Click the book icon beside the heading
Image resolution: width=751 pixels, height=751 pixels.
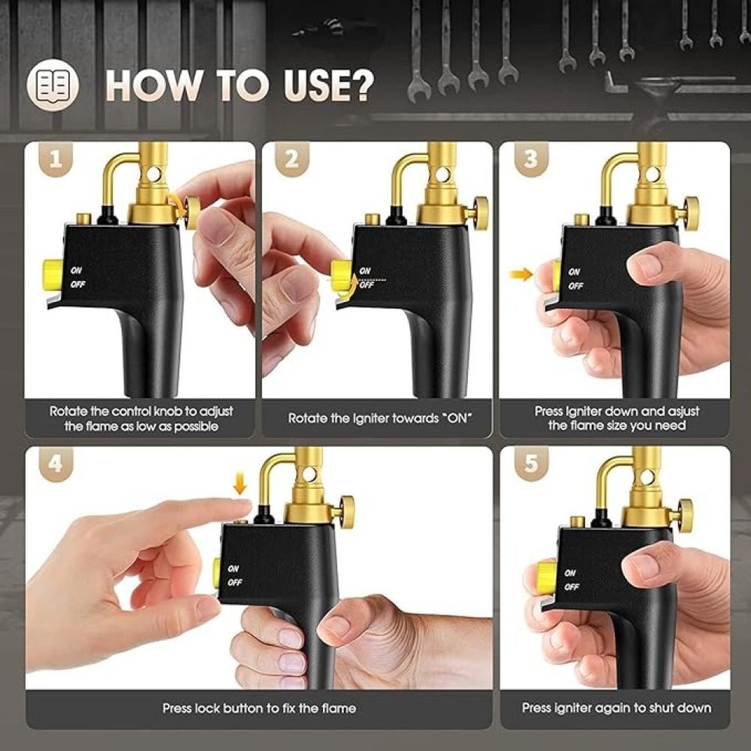[53, 84]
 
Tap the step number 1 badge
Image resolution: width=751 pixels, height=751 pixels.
[55, 160]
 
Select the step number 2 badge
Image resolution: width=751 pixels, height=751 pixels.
[291, 160]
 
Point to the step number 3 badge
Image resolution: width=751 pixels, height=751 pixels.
[530, 160]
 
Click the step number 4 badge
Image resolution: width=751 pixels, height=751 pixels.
[55, 464]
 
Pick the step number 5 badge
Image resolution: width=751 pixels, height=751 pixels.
[530, 464]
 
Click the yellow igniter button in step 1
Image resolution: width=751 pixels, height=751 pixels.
[53, 273]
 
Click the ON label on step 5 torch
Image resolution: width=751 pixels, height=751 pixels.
[572, 572]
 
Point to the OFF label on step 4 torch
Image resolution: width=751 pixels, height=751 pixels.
[235, 582]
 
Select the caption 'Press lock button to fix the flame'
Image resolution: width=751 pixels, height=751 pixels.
[259, 708]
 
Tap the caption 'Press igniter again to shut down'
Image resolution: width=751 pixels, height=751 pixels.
[616, 708]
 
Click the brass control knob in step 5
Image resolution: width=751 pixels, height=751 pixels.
[684, 514]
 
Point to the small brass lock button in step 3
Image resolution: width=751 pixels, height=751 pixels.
[581, 220]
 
